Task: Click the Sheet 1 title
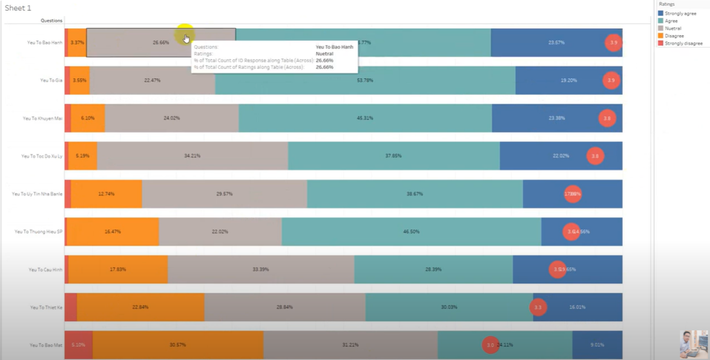point(18,8)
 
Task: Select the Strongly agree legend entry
point(680,13)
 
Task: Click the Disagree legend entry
point(675,36)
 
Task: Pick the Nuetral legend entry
point(672,28)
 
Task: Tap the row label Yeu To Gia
point(51,80)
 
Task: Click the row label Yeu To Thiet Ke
point(46,307)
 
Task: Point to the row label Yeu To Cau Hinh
point(45,269)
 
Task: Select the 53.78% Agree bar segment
point(365,80)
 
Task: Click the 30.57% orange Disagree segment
point(178,345)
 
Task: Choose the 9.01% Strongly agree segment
point(597,345)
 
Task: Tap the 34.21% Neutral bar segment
point(192,156)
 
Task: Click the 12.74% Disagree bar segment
point(106,194)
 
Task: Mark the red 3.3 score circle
point(538,307)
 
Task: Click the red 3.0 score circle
point(490,345)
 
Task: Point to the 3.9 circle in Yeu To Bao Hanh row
point(613,43)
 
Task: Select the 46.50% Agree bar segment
point(411,232)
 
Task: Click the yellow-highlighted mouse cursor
point(185,36)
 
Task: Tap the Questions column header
point(51,21)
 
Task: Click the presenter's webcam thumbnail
point(693,344)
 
